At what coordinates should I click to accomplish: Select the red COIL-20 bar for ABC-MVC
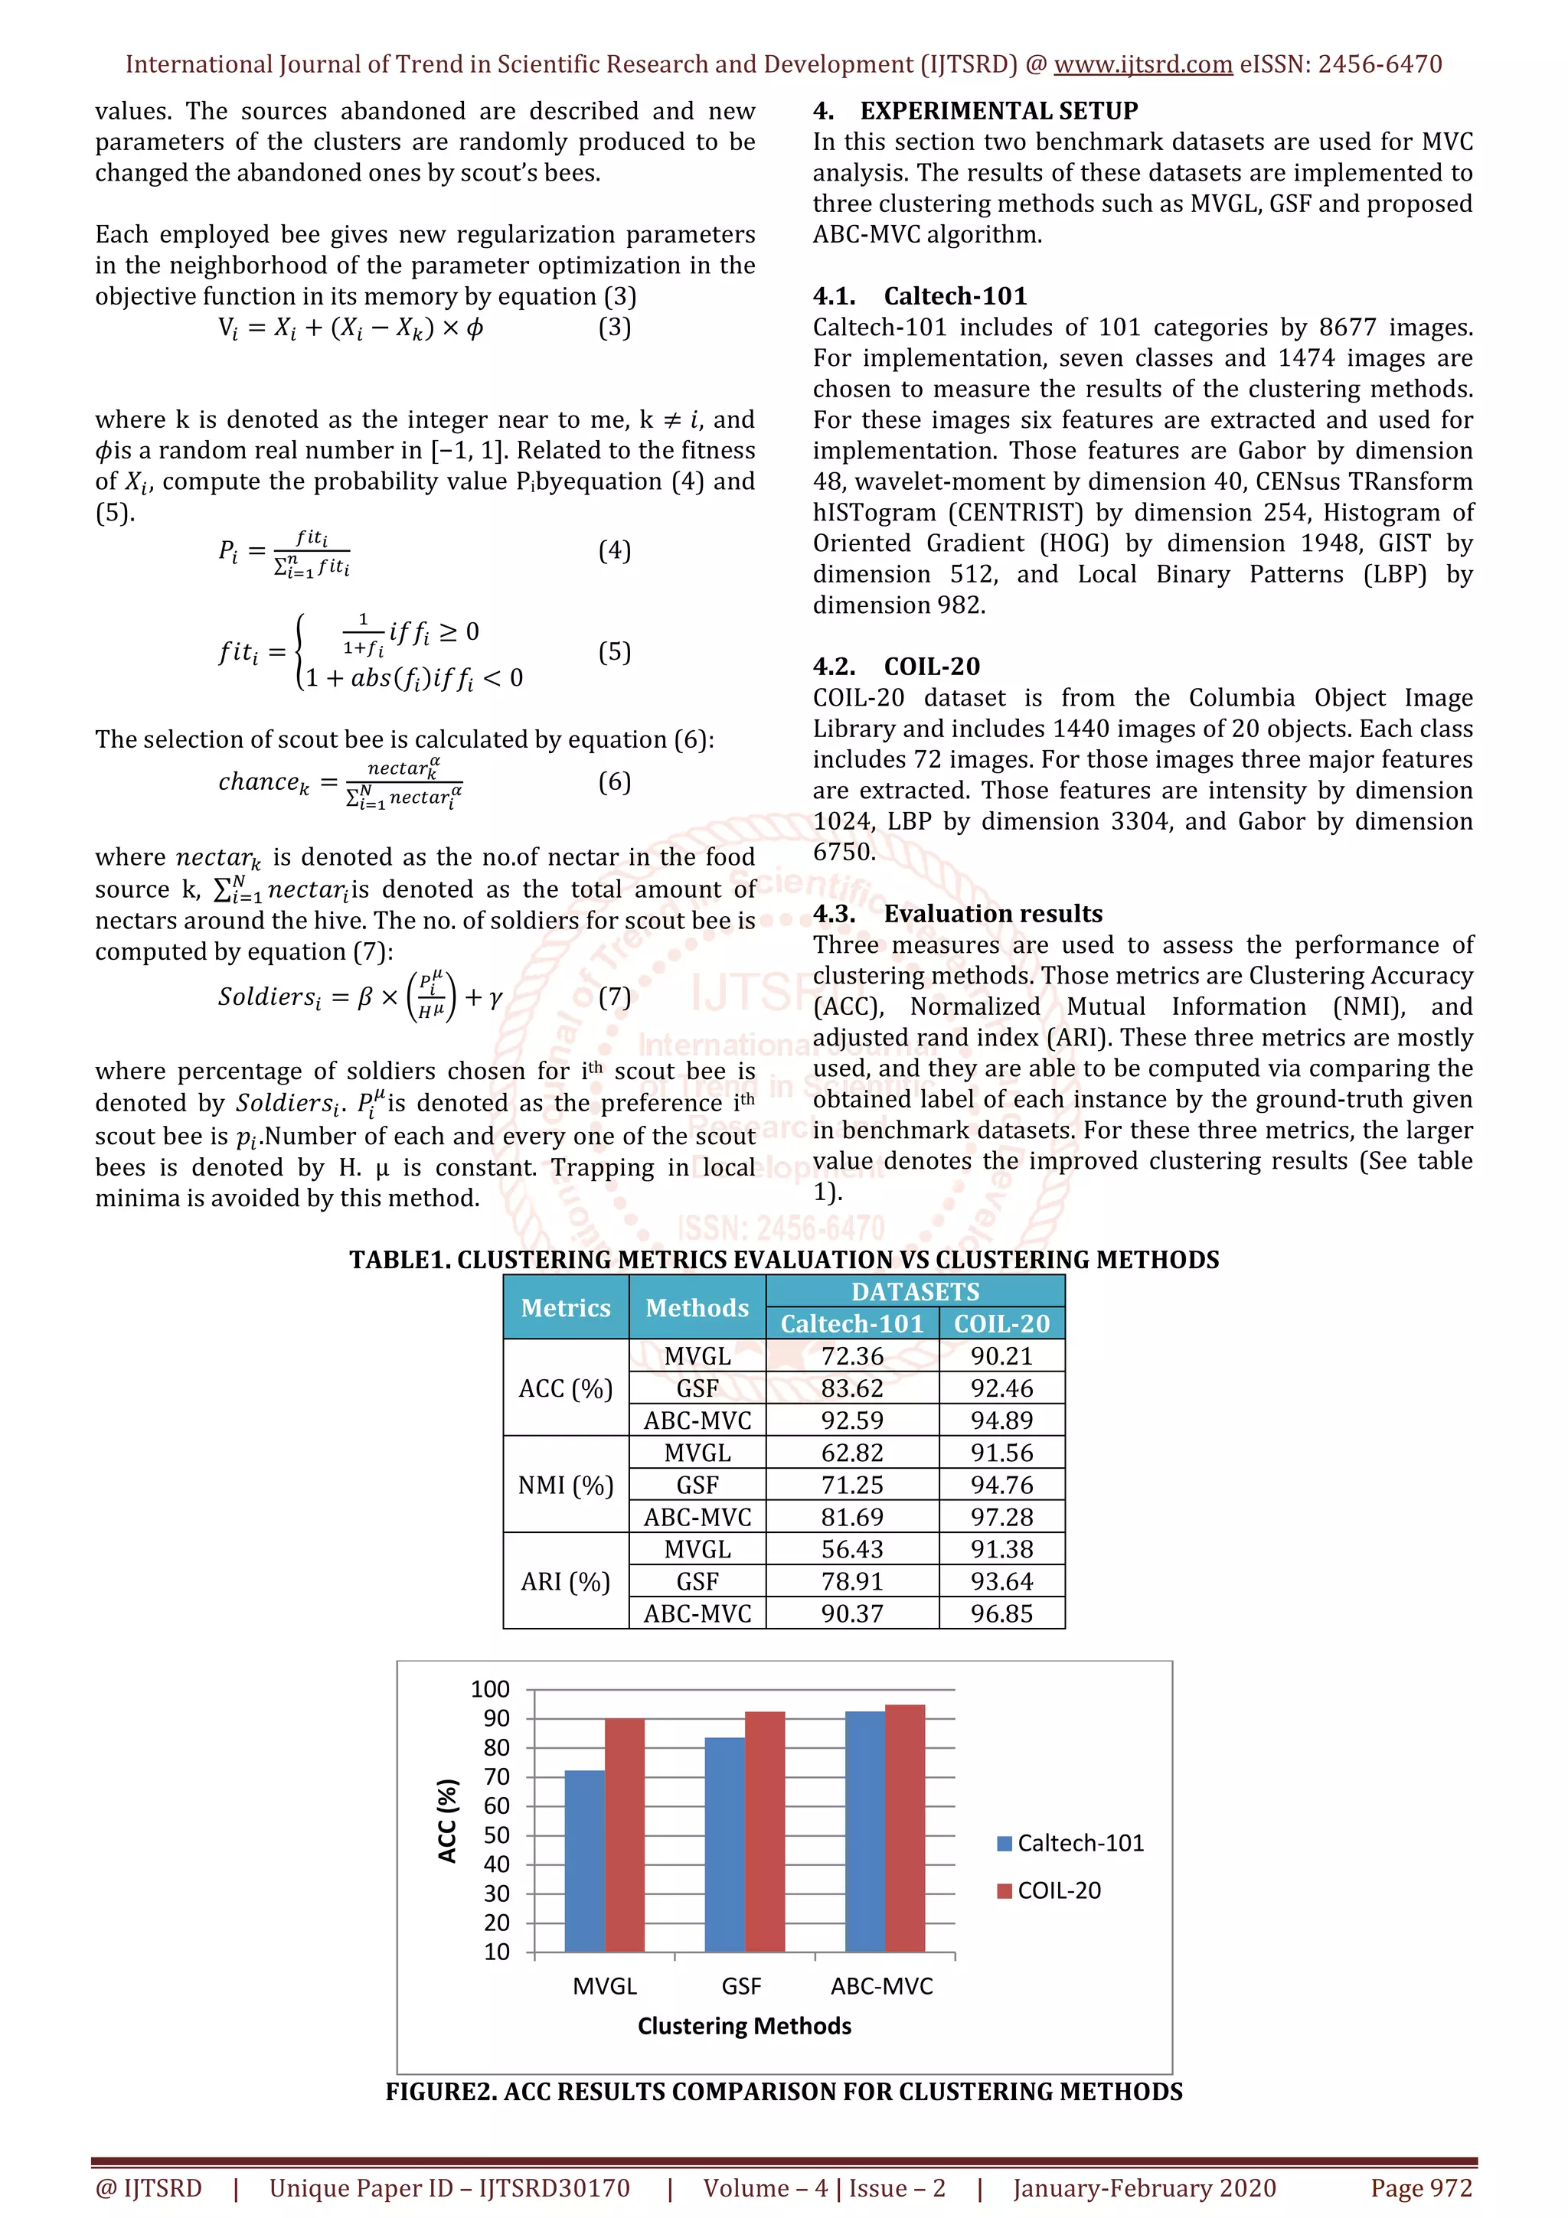click(905, 1828)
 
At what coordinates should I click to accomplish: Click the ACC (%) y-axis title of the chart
click(447, 1821)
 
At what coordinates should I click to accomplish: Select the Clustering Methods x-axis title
click(744, 2026)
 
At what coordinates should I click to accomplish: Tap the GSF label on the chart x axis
click(741, 1986)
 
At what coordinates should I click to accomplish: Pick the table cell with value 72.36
click(852, 1355)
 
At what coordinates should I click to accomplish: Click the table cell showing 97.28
click(1002, 1517)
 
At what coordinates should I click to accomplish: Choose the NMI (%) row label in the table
click(566, 1485)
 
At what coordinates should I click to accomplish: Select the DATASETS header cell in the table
click(915, 1292)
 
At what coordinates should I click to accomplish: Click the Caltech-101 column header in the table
click(852, 1323)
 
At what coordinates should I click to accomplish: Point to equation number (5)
click(615, 652)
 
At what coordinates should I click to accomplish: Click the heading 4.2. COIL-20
click(896, 667)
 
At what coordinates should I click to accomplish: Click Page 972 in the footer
click(1421, 2188)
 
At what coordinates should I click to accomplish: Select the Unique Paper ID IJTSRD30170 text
click(449, 2188)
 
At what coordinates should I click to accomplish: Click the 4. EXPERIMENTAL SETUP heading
click(975, 110)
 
